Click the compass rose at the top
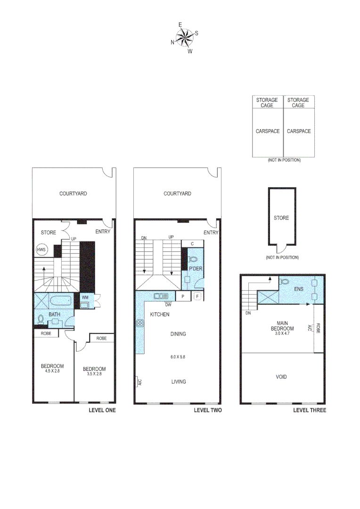[185, 37]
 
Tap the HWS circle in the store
[41, 250]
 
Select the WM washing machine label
[85, 297]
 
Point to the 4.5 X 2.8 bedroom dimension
[52, 371]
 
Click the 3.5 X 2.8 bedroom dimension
[94, 374]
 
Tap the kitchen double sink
[161, 296]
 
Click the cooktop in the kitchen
[139, 323]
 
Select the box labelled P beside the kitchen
[182, 296]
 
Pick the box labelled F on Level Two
[197, 296]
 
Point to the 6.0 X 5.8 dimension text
[178, 357]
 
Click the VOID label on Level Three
[281, 377]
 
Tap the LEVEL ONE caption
[102, 410]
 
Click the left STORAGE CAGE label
[267, 103]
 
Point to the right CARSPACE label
[299, 131]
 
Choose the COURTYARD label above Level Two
[177, 194]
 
